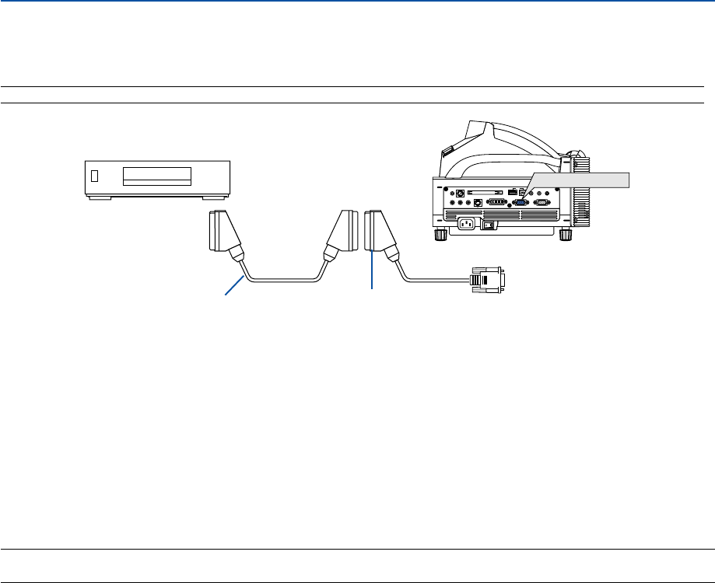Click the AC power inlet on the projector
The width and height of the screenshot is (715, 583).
pos(466,225)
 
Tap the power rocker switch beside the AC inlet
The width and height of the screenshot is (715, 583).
pos(489,225)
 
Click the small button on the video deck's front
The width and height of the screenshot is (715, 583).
pos(95,176)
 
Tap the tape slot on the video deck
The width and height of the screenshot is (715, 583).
pos(157,176)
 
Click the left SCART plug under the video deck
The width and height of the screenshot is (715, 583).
pos(224,232)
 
